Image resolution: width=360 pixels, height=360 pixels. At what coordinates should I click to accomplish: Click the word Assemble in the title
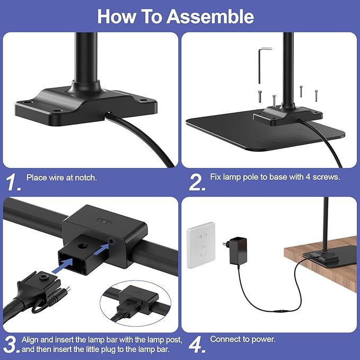point(210,16)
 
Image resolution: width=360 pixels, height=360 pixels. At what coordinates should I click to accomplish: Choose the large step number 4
point(197,345)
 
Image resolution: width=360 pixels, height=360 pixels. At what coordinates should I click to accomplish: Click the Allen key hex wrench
point(262,65)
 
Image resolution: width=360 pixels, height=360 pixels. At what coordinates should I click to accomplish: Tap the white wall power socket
point(201,245)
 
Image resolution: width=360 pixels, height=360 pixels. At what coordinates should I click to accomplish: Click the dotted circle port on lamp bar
point(111,241)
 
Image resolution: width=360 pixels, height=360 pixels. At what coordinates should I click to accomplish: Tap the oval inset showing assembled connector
point(135,303)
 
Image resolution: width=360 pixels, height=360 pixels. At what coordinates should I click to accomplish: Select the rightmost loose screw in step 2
point(316,95)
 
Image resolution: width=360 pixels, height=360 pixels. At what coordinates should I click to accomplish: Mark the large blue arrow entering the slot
point(63,266)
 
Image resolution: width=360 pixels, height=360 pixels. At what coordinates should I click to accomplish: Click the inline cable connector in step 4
point(282,312)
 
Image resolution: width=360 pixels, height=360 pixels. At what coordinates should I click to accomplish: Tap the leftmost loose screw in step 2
point(260,96)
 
